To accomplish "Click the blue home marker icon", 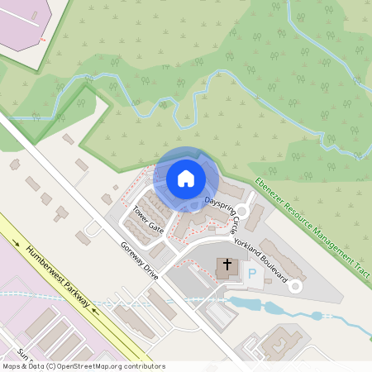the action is tap(186, 178).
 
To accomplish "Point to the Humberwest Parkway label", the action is tap(56, 277).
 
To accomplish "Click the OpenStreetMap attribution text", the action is tap(83, 365).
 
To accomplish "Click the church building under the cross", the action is tap(227, 269).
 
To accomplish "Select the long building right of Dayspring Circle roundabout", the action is tap(256, 217).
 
